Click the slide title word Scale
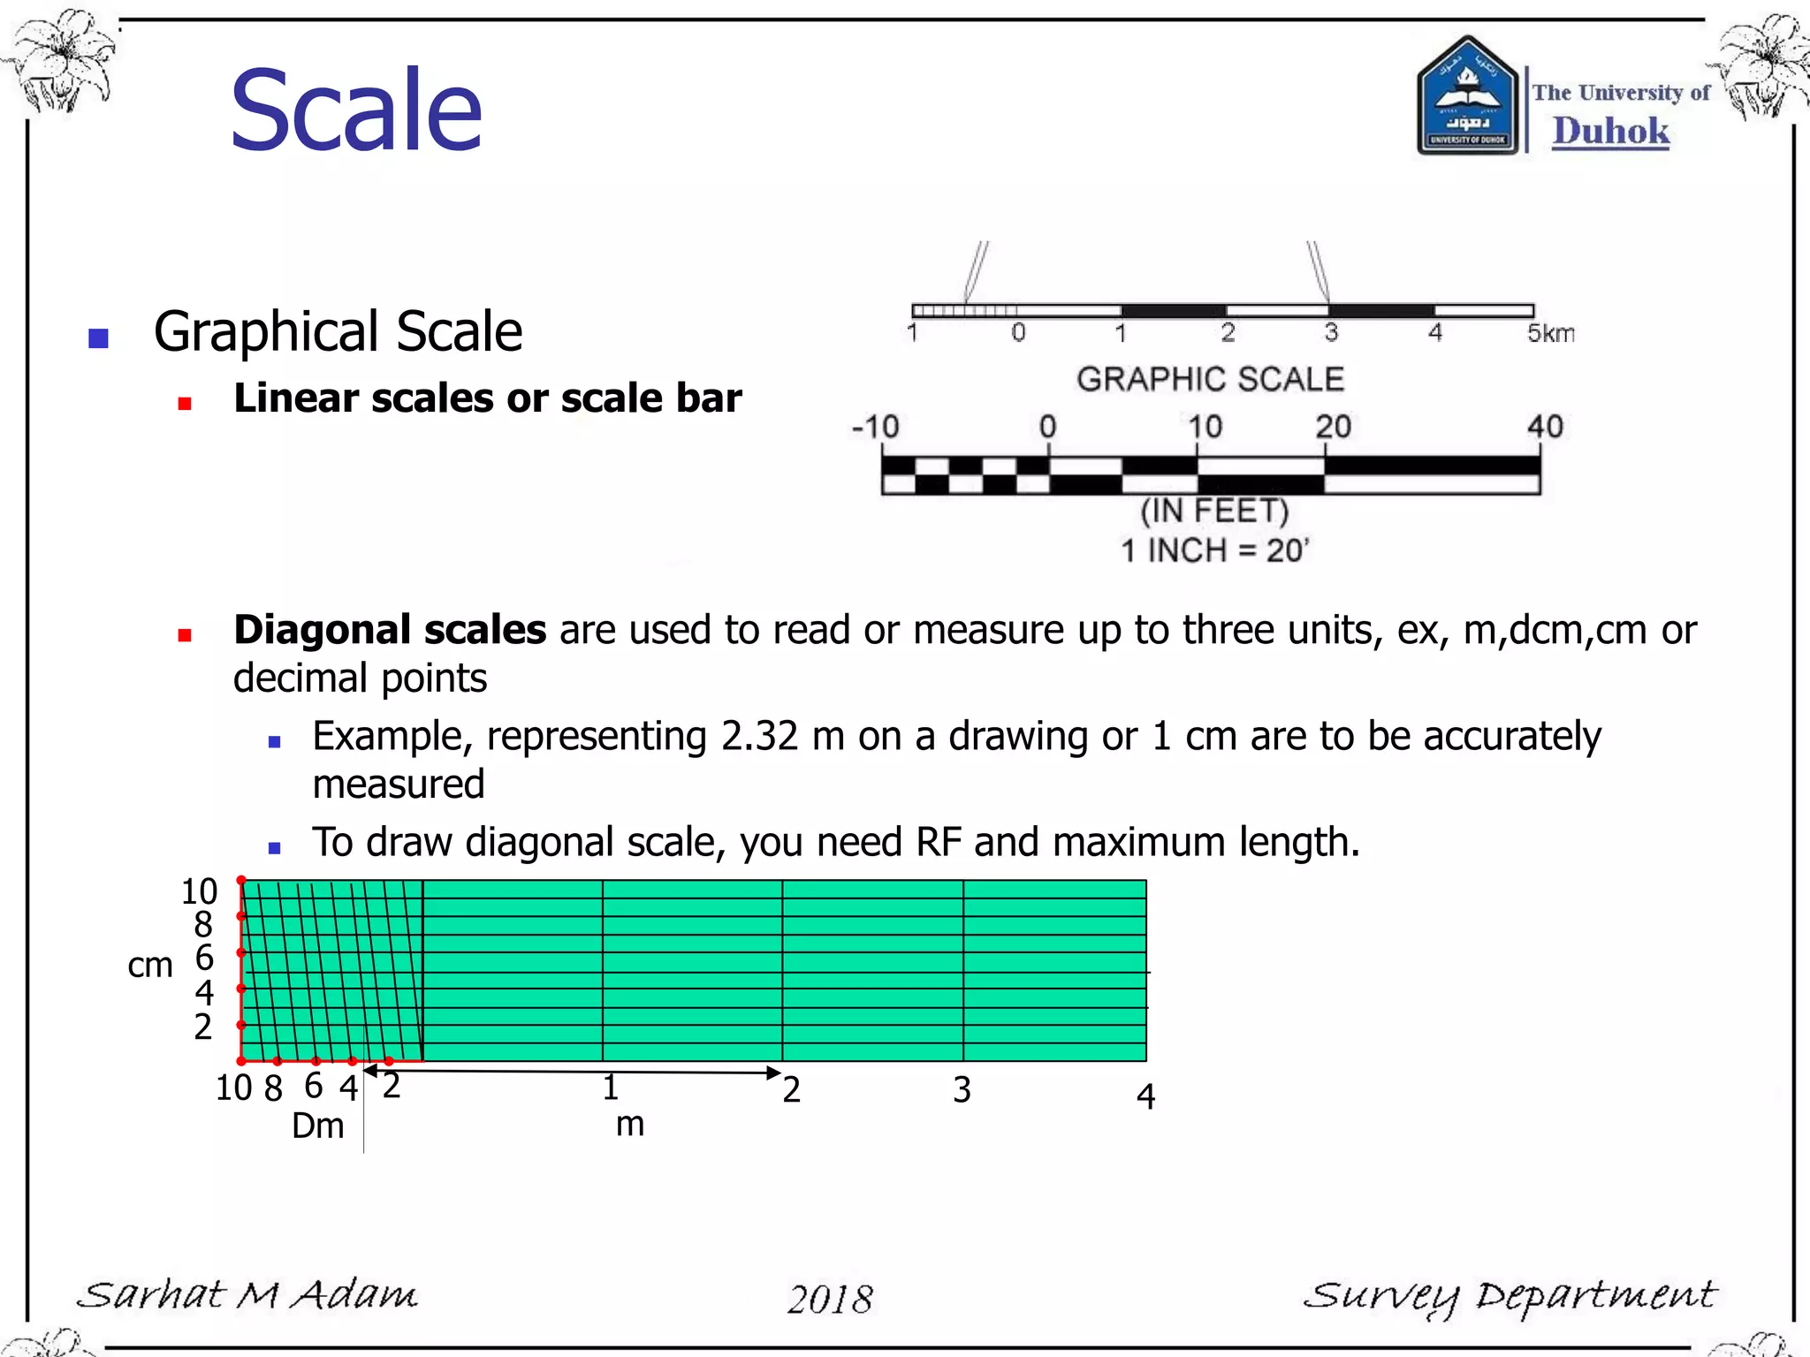(x=356, y=110)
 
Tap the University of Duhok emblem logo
(x=1467, y=97)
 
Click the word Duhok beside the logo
(x=1610, y=131)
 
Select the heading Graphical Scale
(x=338, y=332)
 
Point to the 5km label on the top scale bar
(x=1550, y=333)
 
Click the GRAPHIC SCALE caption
(x=1210, y=379)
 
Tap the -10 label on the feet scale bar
(x=875, y=427)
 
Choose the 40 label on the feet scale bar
(x=1544, y=427)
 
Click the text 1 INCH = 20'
(x=1214, y=550)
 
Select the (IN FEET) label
(x=1214, y=511)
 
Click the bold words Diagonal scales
(x=390, y=630)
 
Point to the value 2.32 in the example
(x=759, y=736)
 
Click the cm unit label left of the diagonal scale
(x=150, y=966)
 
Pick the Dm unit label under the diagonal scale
(x=318, y=1126)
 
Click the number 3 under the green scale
(x=962, y=1090)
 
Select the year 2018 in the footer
(x=830, y=1299)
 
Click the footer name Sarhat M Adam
(x=247, y=1295)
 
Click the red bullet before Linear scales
(x=185, y=404)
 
